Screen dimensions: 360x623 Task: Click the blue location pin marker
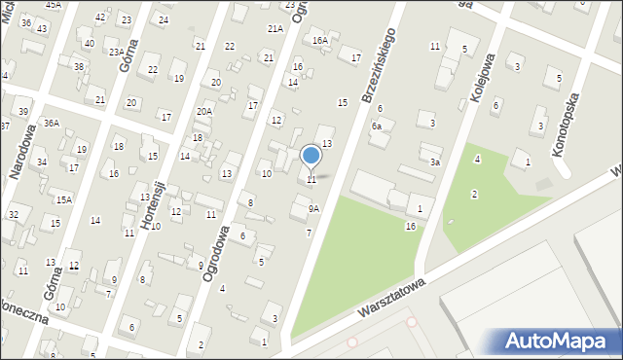(x=311, y=156)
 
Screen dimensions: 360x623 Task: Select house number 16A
(x=319, y=41)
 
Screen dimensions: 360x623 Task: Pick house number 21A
(x=275, y=29)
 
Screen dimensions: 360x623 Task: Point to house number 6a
(x=376, y=126)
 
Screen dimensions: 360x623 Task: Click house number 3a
(x=436, y=162)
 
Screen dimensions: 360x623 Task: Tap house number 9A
(x=313, y=208)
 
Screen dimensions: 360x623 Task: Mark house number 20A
(x=203, y=112)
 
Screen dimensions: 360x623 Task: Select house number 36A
(x=51, y=123)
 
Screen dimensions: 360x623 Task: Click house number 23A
(x=115, y=53)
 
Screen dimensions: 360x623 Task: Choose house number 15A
(x=63, y=199)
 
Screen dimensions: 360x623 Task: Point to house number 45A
(x=53, y=5)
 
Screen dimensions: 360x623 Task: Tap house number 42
(x=100, y=18)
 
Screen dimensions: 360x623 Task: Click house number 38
(x=79, y=66)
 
